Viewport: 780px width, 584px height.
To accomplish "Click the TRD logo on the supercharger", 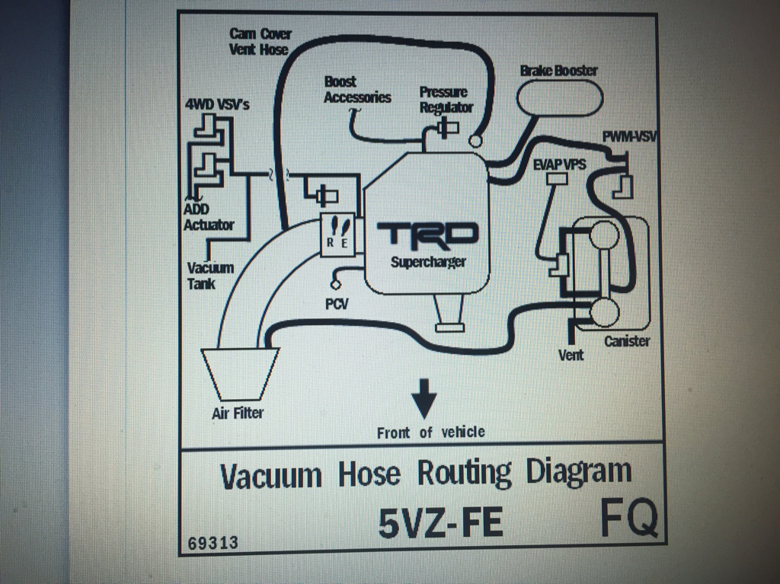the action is click(x=427, y=235).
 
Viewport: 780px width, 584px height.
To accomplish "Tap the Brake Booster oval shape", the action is click(x=560, y=97).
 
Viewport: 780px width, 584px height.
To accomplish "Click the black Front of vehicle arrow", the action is click(x=424, y=398).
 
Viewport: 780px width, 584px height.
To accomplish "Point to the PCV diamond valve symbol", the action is click(x=336, y=285).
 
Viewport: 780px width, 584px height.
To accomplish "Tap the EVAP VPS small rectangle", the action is click(x=557, y=179).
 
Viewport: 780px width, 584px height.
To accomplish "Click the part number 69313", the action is click(x=213, y=543).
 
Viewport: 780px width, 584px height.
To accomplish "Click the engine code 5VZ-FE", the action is click(x=440, y=523).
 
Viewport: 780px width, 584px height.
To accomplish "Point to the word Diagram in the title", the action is click(x=579, y=473).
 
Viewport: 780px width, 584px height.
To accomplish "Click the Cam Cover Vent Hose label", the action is click(x=261, y=42).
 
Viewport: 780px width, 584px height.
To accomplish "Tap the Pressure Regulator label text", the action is click(x=446, y=100).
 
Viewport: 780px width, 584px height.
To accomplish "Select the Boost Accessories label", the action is click(x=357, y=90).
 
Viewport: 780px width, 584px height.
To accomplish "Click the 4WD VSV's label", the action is click(x=217, y=105).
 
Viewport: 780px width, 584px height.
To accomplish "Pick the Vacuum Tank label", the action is click(x=210, y=276).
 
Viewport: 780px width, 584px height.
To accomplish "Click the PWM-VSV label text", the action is click(x=628, y=136).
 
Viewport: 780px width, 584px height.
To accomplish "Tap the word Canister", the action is click(x=627, y=341).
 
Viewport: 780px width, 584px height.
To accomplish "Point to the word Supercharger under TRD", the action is click(x=428, y=262).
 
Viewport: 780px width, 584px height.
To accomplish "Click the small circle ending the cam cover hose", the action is click(x=475, y=142).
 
